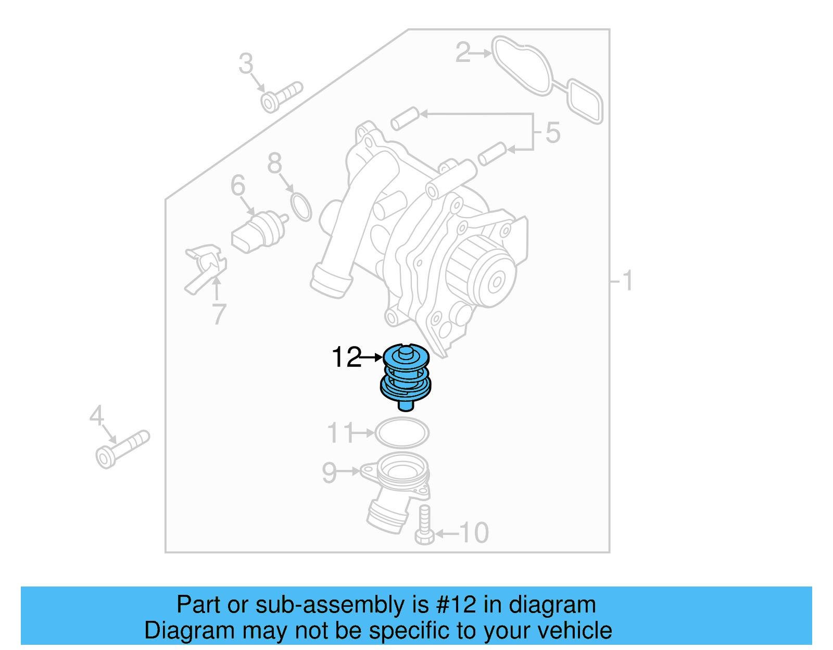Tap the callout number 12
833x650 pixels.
tap(346, 358)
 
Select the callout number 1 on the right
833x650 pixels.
tap(627, 281)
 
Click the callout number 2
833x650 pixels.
tap(463, 53)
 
